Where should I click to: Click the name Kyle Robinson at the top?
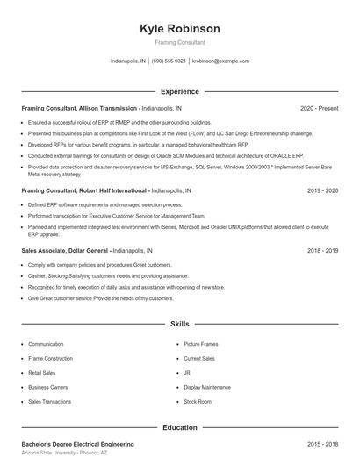pyautogui.click(x=180, y=29)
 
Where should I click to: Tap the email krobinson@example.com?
pyautogui.click(x=220, y=61)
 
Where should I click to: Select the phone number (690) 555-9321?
pyautogui.click(x=169, y=61)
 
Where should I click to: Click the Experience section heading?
pyautogui.click(x=180, y=91)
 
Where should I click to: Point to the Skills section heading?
pyautogui.click(x=180, y=324)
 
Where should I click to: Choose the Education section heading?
pyautogui.click(x=180, y=427)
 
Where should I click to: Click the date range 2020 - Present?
pyautogui.click(x=319, y=108)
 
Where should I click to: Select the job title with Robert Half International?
pyautogui.click(x=84, y=190)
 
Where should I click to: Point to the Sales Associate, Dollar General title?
pyautogui.click(x=66, y=250)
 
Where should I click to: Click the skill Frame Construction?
pyautogui.click(x=50, y=358)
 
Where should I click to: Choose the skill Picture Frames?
pyautogui.click(x=200, y=344)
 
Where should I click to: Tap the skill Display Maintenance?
pyautogui.click(x=207, y=387)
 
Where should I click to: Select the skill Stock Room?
pyautogui.click(x=198, y=401)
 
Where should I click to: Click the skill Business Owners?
pyautogui.click(x=47, y=387)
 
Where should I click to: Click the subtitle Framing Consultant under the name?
pyautogui.click(x=180, y=42)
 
